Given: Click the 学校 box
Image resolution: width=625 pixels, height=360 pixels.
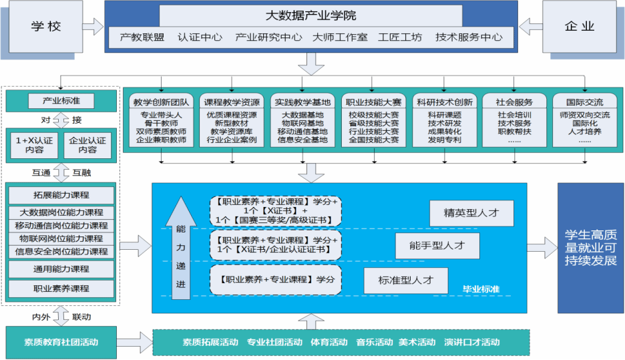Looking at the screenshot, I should pos(46,27).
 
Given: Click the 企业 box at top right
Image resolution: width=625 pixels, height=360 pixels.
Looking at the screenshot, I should pos(578,27).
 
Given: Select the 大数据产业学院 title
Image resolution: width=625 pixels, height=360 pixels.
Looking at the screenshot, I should pos(311,15).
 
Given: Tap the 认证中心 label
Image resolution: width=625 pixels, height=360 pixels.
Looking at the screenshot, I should pos(200,37).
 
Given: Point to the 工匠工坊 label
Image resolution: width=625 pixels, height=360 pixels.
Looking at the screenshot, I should pos(399,37).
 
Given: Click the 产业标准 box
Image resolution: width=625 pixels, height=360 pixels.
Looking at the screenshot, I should pos(60,102).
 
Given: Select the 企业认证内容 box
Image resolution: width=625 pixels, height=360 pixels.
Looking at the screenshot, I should pos(87,145).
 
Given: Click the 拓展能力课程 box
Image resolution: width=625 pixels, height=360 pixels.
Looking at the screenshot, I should pos(61,195).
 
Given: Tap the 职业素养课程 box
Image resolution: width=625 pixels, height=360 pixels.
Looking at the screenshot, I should pos(61,289).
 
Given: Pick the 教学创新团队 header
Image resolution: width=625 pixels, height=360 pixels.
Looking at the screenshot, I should pos(160,102).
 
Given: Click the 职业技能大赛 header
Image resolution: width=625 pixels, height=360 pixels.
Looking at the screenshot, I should pos(373,102).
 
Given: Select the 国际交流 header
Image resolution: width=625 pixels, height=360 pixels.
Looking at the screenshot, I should pos(584,102).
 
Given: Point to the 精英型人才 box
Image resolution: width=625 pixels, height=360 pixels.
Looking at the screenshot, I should pos(472,213).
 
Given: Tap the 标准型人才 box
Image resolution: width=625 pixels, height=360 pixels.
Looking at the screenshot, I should pos(405,280).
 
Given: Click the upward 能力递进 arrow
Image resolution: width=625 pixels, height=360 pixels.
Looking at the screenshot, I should pos(181,247).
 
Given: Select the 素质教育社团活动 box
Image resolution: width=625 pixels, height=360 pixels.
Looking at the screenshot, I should pos(61,341).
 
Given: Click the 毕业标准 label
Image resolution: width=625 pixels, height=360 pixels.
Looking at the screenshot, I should pos(481,289).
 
